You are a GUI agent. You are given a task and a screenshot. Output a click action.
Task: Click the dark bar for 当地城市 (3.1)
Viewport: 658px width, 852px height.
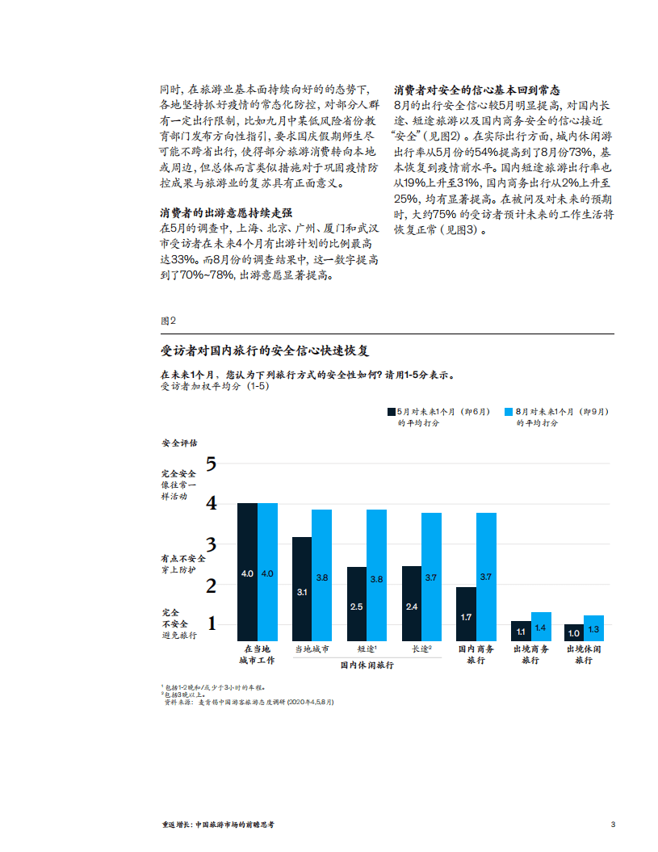[302, 589]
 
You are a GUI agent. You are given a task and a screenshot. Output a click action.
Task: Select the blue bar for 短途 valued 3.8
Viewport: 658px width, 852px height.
[376, 575]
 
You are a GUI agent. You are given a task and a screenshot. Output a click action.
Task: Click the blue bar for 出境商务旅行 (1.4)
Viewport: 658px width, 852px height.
[541, 627]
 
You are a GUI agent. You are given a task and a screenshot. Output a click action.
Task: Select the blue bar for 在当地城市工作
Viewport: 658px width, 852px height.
[267, 572]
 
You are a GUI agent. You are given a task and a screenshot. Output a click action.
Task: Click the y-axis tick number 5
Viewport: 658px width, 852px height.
[212, 464]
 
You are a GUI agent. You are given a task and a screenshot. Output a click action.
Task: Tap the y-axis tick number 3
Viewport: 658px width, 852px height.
[212, 544]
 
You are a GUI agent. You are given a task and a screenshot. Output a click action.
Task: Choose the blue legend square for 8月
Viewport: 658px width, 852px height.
[509, 411]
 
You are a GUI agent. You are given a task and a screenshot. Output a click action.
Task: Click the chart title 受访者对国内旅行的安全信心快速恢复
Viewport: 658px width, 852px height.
[266, 350]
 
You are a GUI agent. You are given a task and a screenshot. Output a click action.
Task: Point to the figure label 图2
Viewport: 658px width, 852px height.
[167, 321]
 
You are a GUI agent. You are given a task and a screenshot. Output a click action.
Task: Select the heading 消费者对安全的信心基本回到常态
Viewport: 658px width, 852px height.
[476, 90]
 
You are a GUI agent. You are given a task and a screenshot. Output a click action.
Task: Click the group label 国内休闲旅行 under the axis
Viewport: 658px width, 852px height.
[367, 665]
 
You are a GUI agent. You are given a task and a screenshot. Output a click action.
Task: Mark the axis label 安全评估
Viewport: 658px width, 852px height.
[178, 443]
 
